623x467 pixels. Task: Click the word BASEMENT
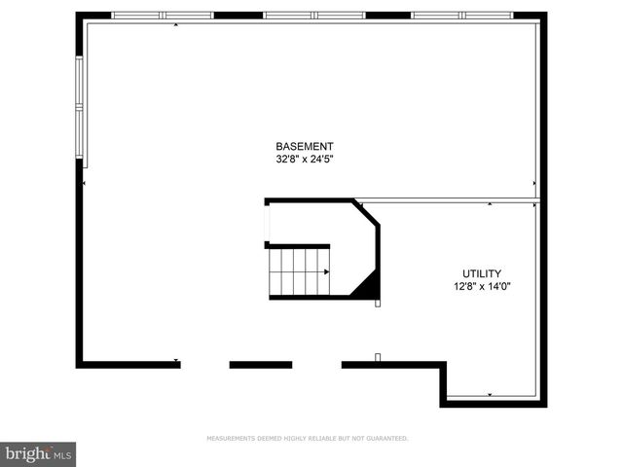[305, 146]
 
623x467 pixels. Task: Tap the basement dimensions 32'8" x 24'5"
[305, 159]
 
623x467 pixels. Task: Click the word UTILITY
[482, 274]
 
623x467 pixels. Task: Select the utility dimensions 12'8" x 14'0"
[482, 287]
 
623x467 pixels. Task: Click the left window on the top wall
[163, 16]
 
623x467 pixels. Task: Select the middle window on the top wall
[313, 16]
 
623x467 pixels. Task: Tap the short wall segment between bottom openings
[260, 365]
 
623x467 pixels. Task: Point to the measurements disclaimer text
[308, 439]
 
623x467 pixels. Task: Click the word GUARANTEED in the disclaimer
[387, 439]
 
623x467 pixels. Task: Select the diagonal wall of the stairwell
[367, 213]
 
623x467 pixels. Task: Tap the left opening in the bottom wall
[204, 365]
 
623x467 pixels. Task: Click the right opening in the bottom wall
[316, 365]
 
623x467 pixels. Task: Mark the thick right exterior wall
[542, 195]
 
